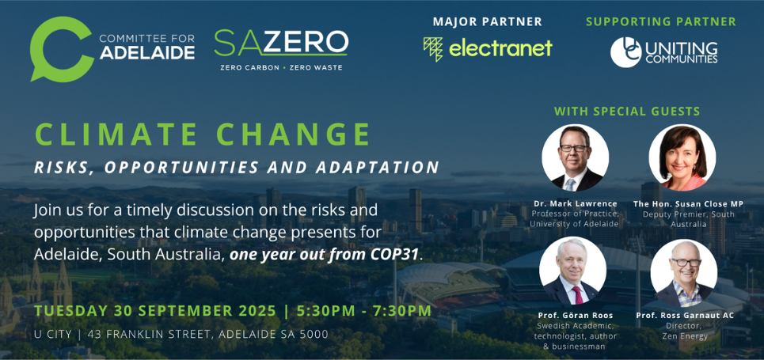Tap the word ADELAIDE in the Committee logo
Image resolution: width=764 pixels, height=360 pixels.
tap(147, 52)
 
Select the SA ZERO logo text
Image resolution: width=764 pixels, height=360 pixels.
tap(281, 43)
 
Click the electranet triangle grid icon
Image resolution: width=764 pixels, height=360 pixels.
tap(433, 49)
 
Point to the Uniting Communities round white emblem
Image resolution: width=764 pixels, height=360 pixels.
tap(626, 52)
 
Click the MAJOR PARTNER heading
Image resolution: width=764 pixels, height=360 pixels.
tap(487, 21)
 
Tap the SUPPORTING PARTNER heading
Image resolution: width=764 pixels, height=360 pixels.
tap(661, 21)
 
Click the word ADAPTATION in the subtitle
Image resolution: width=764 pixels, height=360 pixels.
tap(378, 167)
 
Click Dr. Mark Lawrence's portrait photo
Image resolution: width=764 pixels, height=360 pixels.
tap(575, 157)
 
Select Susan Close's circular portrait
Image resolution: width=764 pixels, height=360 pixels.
tap(682, 157)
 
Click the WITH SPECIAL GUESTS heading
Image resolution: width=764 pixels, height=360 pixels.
tap(627, 111)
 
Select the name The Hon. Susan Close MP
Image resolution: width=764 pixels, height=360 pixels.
tap(689, 203)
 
